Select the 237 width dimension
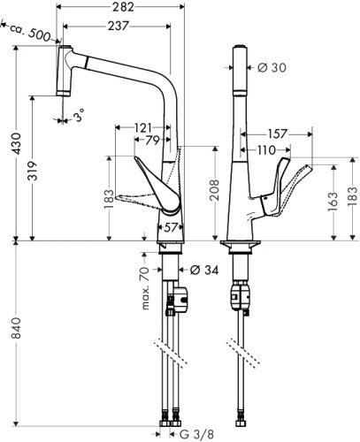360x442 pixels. [115, 26]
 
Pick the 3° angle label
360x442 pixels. [81, 117]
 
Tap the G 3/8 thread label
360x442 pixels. [197, 434]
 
